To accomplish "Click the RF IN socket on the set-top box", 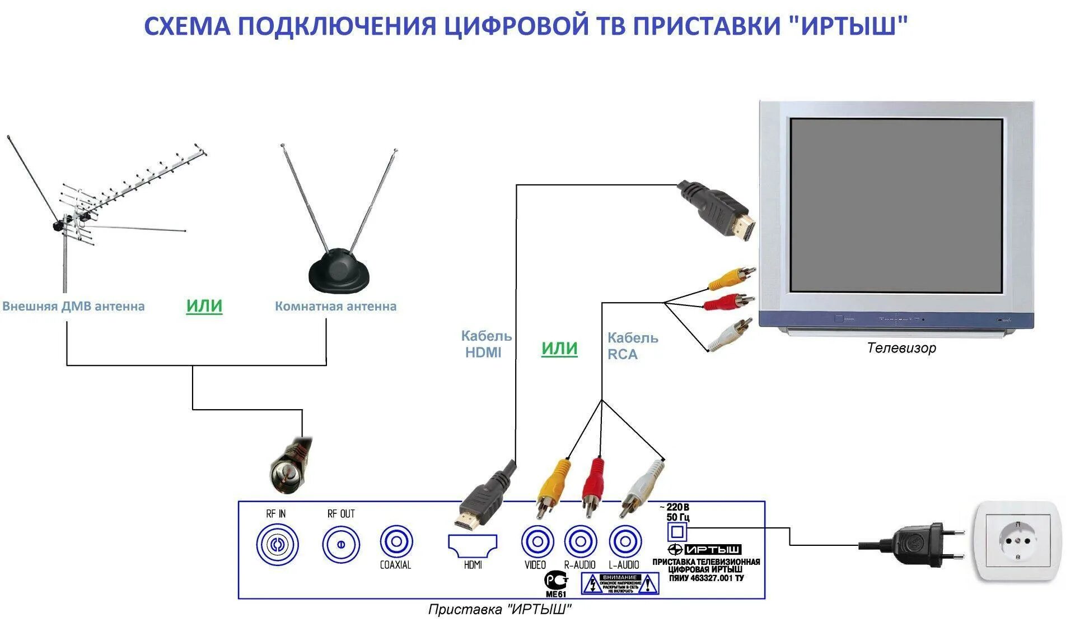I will click(x=277, y=544).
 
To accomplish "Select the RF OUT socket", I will click(x=340, y=544).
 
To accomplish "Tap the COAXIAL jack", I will click(x=396, y=542).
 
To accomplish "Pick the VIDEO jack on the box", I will click(x=537, y=542).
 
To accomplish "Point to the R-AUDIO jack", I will click(x=580, y=542).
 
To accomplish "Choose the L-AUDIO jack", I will click(x=624, y=542).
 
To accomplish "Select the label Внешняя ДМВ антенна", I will click(x=73, y=307).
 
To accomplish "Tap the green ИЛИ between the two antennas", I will click(x=204, y=306).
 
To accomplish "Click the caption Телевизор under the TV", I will click(x=901, y=348).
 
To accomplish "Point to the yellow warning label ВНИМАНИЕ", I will click(x=619, y=583).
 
